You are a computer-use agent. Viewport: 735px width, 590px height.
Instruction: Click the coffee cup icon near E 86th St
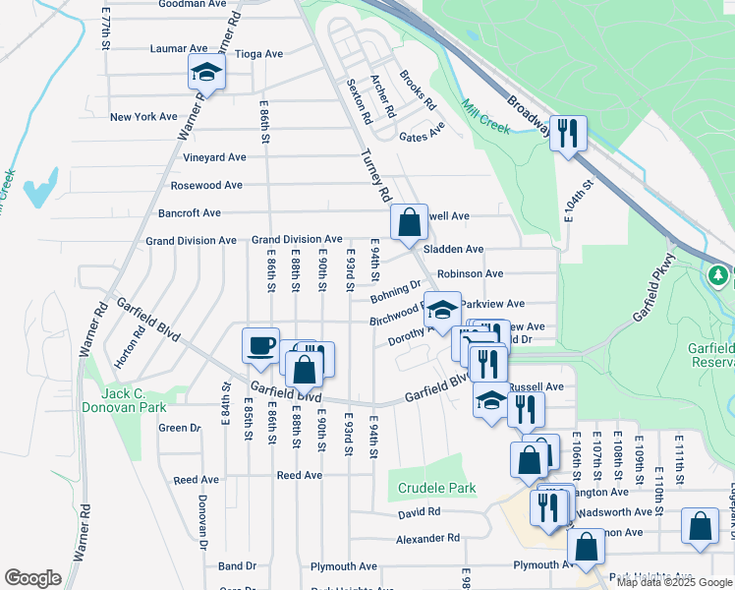click(x=261, y=345)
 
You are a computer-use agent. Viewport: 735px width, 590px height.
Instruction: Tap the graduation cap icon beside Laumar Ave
click(x=207, y=72)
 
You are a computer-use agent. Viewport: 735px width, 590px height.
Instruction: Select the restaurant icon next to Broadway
click(x=568, y=133)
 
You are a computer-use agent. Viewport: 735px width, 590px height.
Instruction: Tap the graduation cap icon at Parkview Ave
click(x=442, y=308)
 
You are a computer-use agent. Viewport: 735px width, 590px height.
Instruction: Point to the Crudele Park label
click(x=436, y=488)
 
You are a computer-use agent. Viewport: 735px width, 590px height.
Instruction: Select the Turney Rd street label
click(x=376, y=169)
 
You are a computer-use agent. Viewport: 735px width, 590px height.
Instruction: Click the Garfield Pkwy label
click(x=655, y=288)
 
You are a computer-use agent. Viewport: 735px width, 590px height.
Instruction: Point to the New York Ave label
click(x=143, y=117)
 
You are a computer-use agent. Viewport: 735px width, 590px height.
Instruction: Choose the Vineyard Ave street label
click(x=214, y=157)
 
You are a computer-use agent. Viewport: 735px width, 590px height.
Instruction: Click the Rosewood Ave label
click(x=206, y=185)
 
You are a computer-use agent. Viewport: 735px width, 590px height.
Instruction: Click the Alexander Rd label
click(x=427, y=538)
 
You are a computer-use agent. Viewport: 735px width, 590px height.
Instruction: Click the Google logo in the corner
click(x=32, y=578)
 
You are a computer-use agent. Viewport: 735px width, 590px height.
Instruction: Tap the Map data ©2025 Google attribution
click(x=673, y=581)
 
